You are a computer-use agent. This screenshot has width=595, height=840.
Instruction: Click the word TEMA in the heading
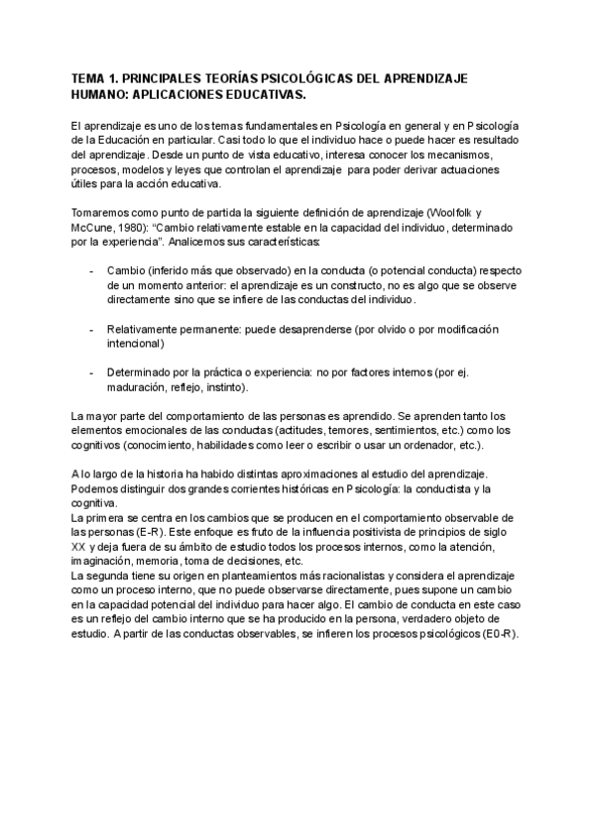[90, 77]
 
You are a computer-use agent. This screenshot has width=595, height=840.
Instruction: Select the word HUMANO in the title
[100, 95]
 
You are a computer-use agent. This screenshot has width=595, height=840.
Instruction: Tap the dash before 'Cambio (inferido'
[92, 271]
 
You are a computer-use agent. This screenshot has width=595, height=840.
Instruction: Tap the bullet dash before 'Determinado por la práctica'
[92, 371]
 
